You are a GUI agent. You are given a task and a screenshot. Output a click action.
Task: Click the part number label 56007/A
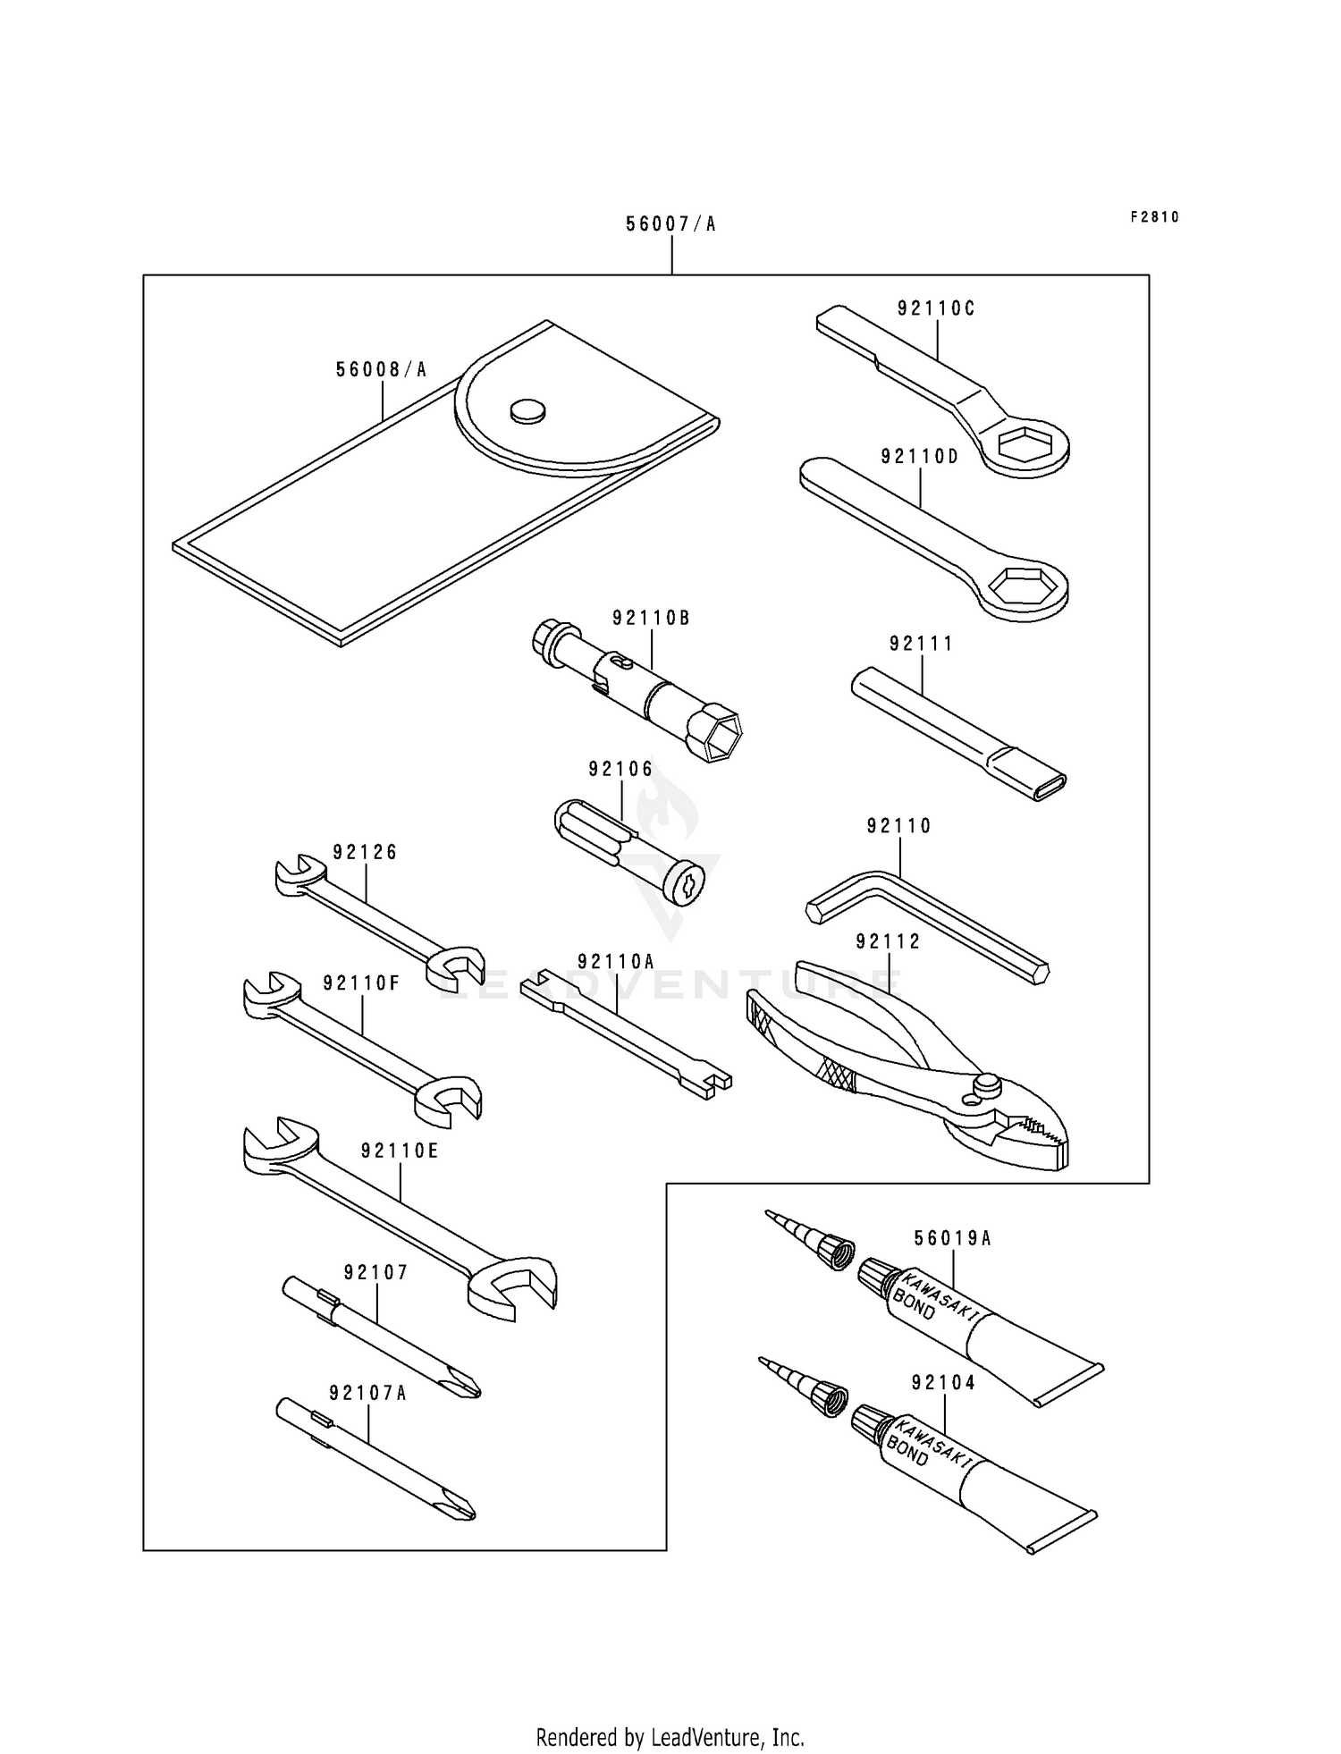pyautogui.click(x=670, y=223)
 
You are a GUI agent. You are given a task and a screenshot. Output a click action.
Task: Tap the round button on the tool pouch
pyautogui.click(x=527, y=410)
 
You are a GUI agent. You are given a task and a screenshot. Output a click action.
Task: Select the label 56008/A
pyautogui.click(x=382, y=369)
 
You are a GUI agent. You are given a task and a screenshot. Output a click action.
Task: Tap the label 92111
pyautogui.click(x=921, y=644)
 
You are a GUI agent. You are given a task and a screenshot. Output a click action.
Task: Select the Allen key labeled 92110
pyautogui.click(x=930, y=921)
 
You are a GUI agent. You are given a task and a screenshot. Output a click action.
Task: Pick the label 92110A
pyautogui.click(x=616, y=962)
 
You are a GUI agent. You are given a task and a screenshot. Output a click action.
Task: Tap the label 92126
pyautogui.click(x=365, y=853)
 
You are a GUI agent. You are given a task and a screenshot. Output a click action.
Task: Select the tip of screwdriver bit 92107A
pyautogui.click(x=460, y=1510)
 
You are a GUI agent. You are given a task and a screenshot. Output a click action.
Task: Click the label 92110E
pyautogui.click(x=400, y=1151)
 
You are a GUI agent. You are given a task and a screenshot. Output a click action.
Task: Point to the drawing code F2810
pyautogui.click(x=1154, y=217)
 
